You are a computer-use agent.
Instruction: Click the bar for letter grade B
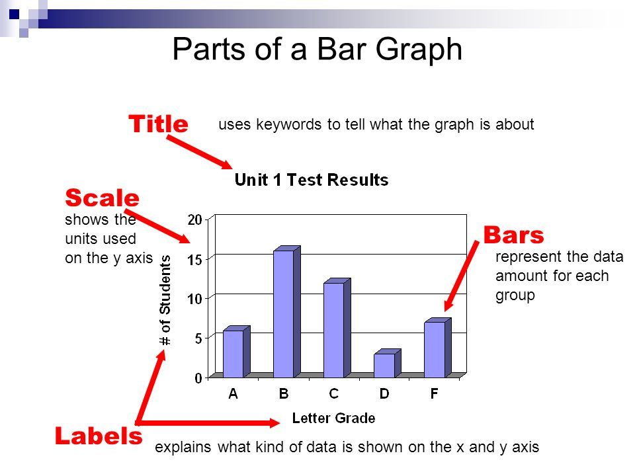286,311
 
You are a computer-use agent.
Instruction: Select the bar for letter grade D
387,364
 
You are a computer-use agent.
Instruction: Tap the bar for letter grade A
237,352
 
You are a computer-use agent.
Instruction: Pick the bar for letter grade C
337,328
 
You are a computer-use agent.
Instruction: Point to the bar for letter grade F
437,348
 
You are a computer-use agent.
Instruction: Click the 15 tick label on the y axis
194,259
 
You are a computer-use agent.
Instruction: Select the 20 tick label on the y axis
194,219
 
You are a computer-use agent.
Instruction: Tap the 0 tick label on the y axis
198,378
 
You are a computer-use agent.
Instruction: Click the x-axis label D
384,393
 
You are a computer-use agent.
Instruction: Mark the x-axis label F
434,393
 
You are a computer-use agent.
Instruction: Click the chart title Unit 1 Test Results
312,180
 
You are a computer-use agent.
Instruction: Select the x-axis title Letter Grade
333,418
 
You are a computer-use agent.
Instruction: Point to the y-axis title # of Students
165,300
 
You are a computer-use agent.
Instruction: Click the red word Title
158,124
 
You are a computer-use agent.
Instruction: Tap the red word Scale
102,198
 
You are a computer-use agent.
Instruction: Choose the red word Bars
513,235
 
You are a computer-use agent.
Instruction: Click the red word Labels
99,436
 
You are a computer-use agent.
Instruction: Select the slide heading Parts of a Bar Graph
317,49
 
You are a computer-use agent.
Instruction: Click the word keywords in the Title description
289,125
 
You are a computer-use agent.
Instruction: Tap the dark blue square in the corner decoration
14,15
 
